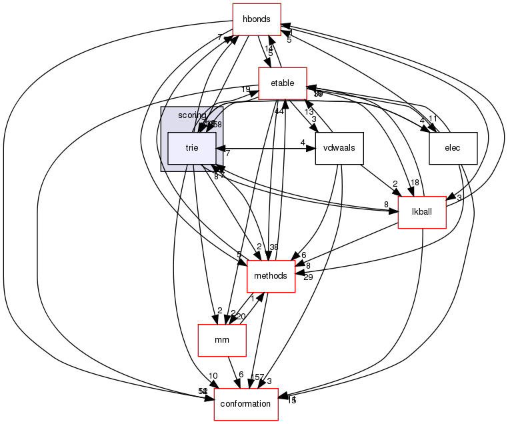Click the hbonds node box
click(x=256, y=19)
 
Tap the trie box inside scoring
click(x=191, y=148)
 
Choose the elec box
click(x=453, y=148)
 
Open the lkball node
click(x=421, y=212)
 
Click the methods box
click(x=271, y=276)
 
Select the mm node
click(x=221, y=340)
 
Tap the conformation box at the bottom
click(x=245, y=404)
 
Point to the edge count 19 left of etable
click(x=245, y=90)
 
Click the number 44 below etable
click(x=279, y=111)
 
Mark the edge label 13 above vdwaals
click(x=309, y=111)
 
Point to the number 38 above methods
click(x=273, y=247)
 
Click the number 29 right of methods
click(x=307, y=277)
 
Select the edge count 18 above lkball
click(x=415, y=183)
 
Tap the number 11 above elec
click(x=433, y=119)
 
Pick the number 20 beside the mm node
click(x=241, y=317)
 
